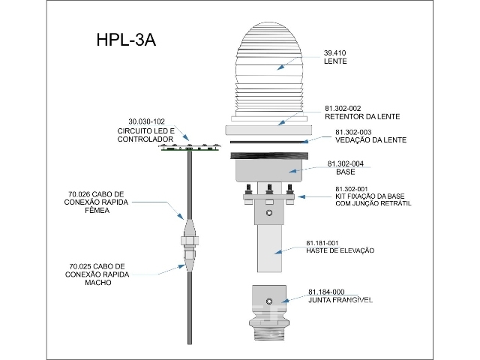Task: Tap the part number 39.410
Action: pyautogui.click(x=334, y=53)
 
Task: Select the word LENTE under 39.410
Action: pyautogui.click(x=334, y=61)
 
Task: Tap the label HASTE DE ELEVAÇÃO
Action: pyautogui.click(x=340, y=250)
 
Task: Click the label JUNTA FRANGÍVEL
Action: pyautogui.click(x=340, y=300)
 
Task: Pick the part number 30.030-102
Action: pyautogui.click(x=147, y=121)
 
